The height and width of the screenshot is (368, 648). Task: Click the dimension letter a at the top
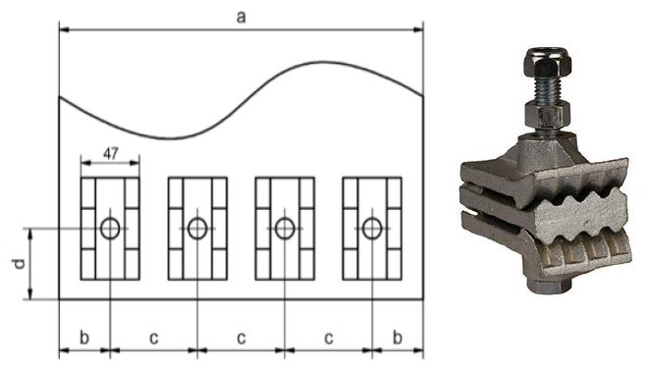click(x=241, y=18)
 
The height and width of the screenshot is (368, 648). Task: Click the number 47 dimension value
click(x=110, y=154)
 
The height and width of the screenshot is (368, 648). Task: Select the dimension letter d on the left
click(x=19, y=264)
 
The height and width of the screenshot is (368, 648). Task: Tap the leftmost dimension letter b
click(x=84, y=338)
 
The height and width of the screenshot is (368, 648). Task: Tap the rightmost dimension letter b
click(x=398, y=338)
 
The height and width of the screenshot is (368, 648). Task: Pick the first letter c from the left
click(x=154, y=339)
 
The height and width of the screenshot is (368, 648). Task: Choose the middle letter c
click(x=242, y=339)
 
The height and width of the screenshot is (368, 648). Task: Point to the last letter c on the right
click(x=329, y=339)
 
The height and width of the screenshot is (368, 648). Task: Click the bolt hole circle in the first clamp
click(x=110, y=219)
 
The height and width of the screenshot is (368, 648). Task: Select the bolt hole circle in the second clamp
click(x=197, y=219)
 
